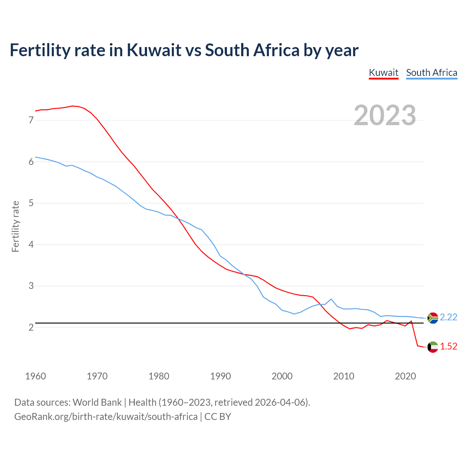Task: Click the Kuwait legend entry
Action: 383,73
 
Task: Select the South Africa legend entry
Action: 432,73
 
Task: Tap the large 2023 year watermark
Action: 385,115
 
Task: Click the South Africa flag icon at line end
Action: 433,318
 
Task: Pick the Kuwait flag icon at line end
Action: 433,347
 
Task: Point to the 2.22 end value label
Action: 448,317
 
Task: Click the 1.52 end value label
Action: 448,347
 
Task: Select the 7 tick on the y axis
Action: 31,120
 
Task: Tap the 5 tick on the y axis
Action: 31,203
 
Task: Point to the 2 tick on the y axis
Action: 31,327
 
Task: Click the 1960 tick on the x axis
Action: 35,376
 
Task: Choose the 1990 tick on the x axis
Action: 220,376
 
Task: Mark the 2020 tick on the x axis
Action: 405,376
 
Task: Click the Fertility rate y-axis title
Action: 15,226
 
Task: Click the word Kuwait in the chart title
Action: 154,50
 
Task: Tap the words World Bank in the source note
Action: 97,402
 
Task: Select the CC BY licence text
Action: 218,417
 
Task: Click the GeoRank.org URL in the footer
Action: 106,417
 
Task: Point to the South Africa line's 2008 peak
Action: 331,299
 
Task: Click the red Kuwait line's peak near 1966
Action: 72,106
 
